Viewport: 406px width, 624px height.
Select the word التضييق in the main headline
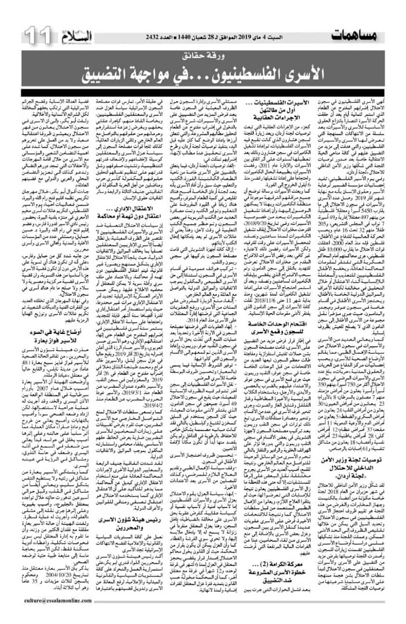click(x=126, y=73)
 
